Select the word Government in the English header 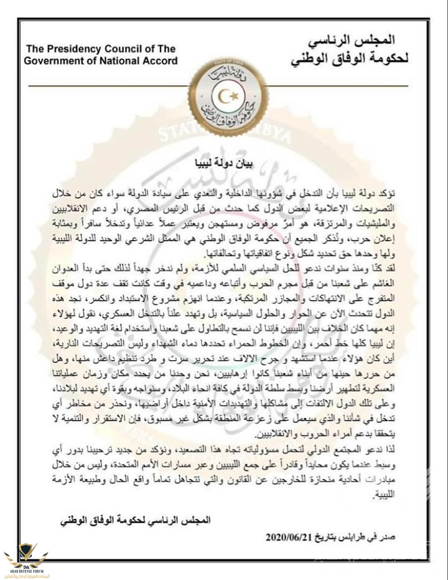[x=55, y=61]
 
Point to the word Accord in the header [x=159, y=61]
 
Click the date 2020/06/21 [x=290, y=537]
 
